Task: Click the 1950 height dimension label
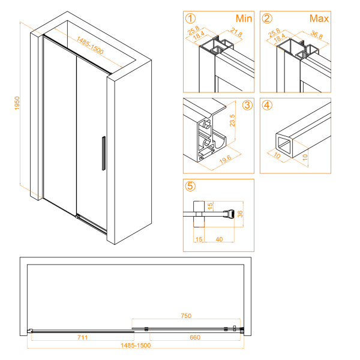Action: pyautogui.click(x=17, y=103)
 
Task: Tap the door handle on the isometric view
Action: pyautogui.click(x=104, y=154)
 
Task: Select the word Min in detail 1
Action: pyautogui.click(x=244, y=19)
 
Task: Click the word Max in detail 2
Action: pyautogui.click(x=319, y=19)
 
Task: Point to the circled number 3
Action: pyautogui.click(x=247, y=105)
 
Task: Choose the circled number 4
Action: pyautogui.click(x=267, y=105)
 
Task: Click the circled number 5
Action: pyautogui.click(x=190, y=186)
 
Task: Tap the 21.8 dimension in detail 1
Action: pyautogui.click(x=236, y=32)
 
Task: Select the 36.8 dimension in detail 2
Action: pyautogui.click(x=317, y=34)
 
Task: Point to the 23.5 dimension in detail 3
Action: pyautogui.click(x=232, y=121)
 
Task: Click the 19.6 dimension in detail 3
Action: pyautogui.click(x=225, y=160)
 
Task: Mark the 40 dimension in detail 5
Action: pyautogui.click(x=219, y=239)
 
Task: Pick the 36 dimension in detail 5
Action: pyautogui.click(x=240, y=214)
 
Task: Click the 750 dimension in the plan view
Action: pyautogui.click(x=186, y=316)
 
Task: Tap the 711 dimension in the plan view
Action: pyautogui.click(x=82, y=337)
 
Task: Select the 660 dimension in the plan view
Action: pyautogui.click(x=195, y=337)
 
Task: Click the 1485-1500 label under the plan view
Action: pyautogui.click(x=136, y=346)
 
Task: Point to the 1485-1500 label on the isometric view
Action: pyautogui.click(x=90, y=46)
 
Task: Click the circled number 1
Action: pyautogui.click(x=190, y=19)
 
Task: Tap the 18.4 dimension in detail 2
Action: pyautogui.click(x=279, y=38)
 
